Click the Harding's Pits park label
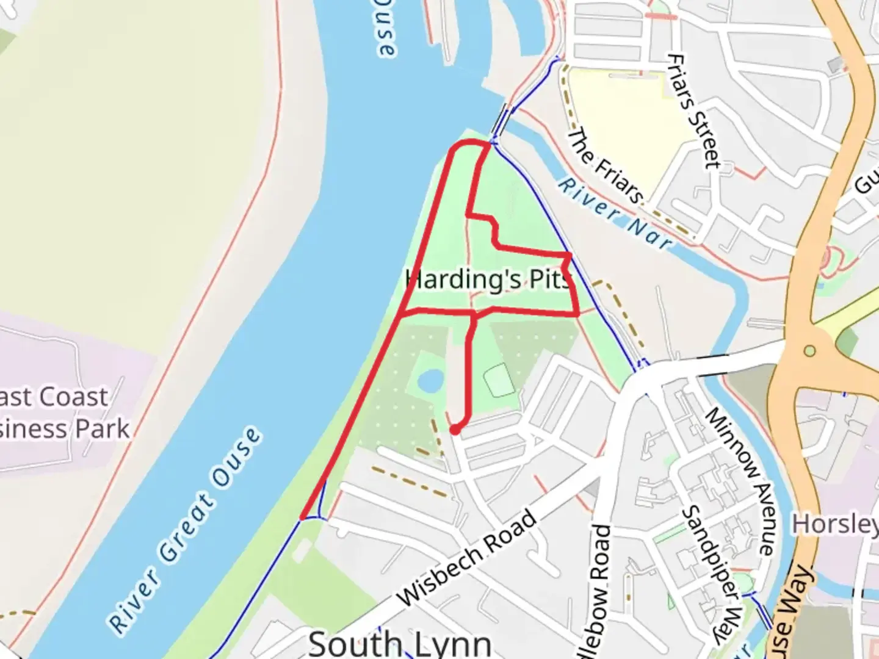pyautogui.click(x=488, y=279)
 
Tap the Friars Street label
pyautogui.click(x=693, y=111)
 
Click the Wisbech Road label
pyautogui.click(x=468, y=558)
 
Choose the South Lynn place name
pyautogui.click(x=400, y=644)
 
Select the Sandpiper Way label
pyautogui.click(x=712, y=574)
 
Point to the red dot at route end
pyautogui.click(x=455, y=430)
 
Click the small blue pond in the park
pyautogui.click(x=431, y=381)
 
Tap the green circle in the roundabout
pyautogui.click(x=809, y=351)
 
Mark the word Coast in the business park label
pyautogui.click(x=73, y=397)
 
